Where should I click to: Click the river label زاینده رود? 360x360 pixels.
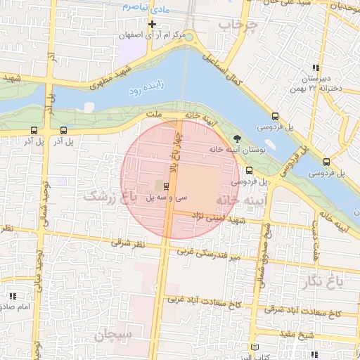pos(146,89)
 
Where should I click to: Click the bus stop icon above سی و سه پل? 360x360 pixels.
pos(166,186)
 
